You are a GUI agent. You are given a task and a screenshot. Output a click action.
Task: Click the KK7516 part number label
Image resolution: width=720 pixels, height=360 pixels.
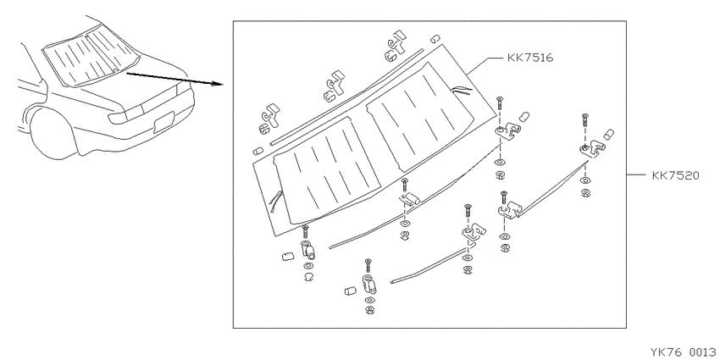pos(530,58)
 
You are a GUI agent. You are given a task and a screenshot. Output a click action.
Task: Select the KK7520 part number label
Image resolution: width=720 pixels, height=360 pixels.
pos(675,175)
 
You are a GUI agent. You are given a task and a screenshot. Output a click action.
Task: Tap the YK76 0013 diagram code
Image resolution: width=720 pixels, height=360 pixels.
pos(684,352)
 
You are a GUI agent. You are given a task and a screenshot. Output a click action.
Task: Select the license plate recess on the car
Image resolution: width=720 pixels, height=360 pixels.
pos(164,122)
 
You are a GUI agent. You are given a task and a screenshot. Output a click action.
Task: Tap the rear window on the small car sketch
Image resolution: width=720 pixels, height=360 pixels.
pos(90,56)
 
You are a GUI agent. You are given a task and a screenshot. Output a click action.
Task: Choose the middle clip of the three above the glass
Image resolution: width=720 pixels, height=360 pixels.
pos(334,86)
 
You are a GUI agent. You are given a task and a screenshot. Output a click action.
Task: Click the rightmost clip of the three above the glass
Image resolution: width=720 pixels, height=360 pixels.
pos(396,46)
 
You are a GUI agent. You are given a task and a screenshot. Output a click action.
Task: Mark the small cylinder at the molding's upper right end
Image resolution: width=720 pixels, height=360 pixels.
pos(435,39)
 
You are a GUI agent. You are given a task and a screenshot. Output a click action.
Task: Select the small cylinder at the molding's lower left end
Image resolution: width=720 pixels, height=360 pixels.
pos(258,151)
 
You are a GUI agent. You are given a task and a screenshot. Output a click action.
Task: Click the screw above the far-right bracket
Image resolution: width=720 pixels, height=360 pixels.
pos(584,121)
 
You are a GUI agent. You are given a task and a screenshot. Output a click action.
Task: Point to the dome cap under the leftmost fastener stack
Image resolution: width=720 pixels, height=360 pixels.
pos(308,276)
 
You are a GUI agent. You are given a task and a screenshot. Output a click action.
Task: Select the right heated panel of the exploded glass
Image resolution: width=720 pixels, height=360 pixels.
pos(420,117)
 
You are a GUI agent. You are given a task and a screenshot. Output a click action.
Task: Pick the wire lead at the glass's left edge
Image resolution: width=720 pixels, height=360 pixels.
pos(276,202)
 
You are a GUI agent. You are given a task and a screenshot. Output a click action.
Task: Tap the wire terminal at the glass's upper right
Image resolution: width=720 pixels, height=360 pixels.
pos(462,91)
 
